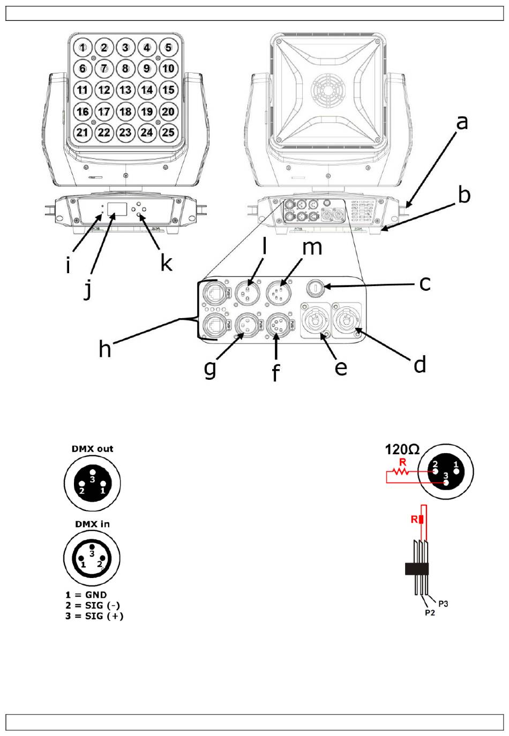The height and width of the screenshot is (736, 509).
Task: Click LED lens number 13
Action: point(125,89)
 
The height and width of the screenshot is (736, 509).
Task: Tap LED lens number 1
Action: point(83,48)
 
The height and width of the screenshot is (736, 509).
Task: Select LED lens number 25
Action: point(168,132)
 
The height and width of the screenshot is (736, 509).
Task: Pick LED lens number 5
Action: point(168,48)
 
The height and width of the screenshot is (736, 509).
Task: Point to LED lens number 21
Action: point(83,132)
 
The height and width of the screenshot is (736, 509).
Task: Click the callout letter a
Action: point(462,123)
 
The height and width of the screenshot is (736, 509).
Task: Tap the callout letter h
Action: point(105,349)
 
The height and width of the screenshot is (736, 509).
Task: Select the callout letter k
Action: point(166,263)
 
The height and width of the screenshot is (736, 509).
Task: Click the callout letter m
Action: point(312,248)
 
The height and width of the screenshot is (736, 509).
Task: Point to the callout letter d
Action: point(420,364)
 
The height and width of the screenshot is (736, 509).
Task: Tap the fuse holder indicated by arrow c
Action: point(315,288)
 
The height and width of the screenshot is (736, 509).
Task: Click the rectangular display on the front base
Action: point(117,209)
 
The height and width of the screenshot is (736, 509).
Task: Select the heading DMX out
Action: point(92,449)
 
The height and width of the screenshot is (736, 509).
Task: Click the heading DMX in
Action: point(92,524)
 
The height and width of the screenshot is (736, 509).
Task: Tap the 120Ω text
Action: point(402,449)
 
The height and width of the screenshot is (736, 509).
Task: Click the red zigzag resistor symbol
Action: point(401,472)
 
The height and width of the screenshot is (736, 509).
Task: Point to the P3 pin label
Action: point(443,604)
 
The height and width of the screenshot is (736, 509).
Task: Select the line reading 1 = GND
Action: point(86,595)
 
